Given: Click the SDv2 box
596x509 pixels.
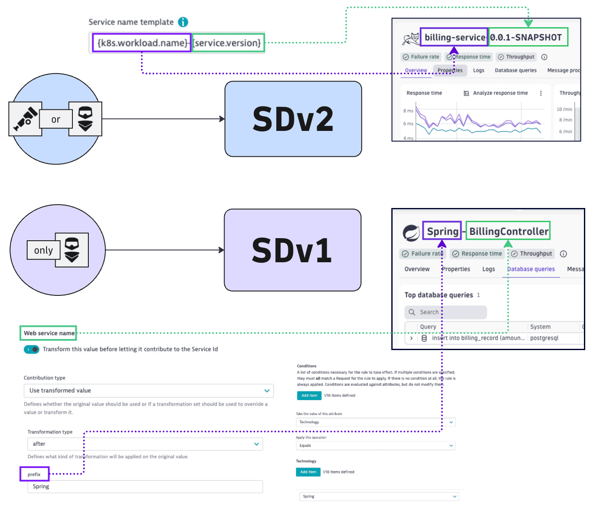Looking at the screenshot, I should [x=293, y=119].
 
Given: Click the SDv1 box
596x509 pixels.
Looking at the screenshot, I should [x=292, y=250].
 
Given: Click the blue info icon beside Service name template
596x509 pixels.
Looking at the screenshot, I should [x=183, y=22].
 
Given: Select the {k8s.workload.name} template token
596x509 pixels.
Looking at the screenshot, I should [x=142, y=43].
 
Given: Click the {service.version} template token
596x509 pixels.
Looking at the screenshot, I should [x=228, y=43].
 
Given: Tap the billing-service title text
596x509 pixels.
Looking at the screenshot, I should [x=454, y=37].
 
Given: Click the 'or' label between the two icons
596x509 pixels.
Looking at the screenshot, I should [x=56, y=119].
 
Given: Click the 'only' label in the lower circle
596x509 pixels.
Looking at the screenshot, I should [x=43, y=250].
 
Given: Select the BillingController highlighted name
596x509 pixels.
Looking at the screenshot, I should [x=509, y=231].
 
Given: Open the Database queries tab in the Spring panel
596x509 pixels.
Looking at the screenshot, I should [x=530, y=269].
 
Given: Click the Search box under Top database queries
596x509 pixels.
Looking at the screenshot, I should [x=446, y=312].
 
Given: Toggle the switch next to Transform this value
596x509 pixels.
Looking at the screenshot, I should [x=31, y=349].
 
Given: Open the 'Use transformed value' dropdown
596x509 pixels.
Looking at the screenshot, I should [x=148, y=391].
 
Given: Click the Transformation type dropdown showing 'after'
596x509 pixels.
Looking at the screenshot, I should [x=145, y=444].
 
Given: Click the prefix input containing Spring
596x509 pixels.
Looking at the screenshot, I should [x=145, y=487].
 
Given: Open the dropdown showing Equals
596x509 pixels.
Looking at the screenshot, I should [x=375, y=446].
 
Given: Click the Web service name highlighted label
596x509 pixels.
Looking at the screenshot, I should [x=48, y=333].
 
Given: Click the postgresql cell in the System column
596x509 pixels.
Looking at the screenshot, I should [x=544, y=338].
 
